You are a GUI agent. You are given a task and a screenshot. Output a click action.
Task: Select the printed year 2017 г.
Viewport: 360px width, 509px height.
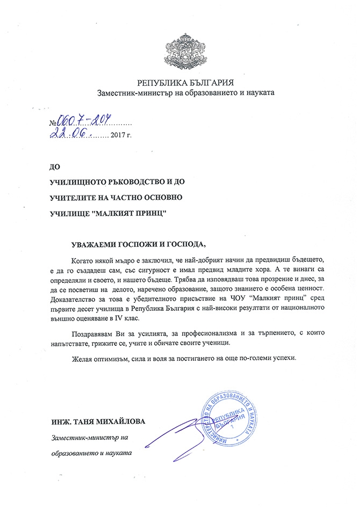click(x=120, y=134)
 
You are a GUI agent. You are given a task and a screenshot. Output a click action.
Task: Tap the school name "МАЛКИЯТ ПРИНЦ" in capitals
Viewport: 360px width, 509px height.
click(x=126, y=213)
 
